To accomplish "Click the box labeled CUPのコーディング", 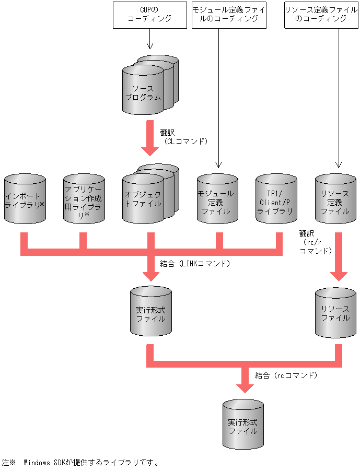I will pos(150,15).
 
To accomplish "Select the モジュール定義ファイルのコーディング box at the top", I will pos(228,15).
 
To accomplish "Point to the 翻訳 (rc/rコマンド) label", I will pos(315,242).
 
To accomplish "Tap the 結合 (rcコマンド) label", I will pos(286,375).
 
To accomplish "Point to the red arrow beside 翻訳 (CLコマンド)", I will pos(150,139).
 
